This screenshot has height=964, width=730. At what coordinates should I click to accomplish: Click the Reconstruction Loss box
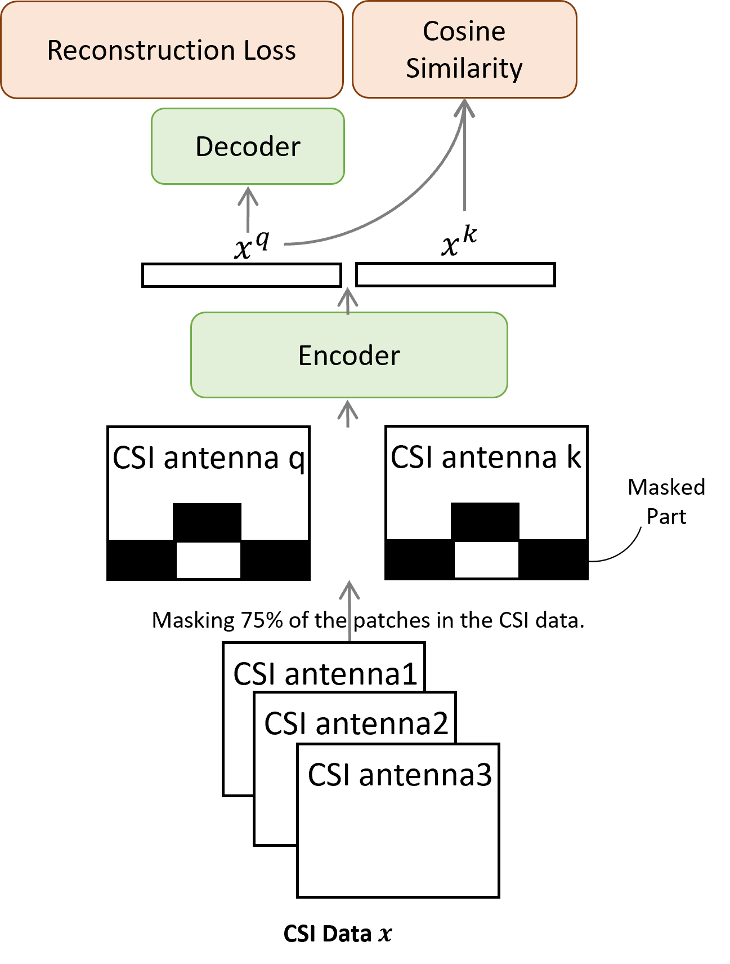pos(172,50)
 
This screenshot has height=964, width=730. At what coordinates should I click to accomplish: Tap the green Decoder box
pos(248,146)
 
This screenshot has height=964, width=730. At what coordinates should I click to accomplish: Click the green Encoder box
pos(349,356)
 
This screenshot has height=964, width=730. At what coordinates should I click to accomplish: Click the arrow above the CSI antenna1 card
pos(350,611)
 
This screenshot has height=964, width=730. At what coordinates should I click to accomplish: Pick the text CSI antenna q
pos(209,457)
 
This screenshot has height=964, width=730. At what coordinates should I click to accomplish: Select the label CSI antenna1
pos(325,673)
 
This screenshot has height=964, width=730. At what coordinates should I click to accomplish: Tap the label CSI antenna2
pos(356,723)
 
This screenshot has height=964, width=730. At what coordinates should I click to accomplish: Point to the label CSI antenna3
pos(400,775)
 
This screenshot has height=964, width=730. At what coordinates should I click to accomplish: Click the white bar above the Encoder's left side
pos(241,275)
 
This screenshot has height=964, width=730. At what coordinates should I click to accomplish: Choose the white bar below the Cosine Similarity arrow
pos(455,275)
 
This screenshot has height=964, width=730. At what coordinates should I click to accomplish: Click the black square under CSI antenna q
pos(207,522)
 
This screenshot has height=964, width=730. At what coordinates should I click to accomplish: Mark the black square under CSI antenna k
pos(485,521)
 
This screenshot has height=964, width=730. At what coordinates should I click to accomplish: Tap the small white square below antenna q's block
pos(208,560)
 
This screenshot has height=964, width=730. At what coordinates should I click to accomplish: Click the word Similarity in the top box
pos(464,68)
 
